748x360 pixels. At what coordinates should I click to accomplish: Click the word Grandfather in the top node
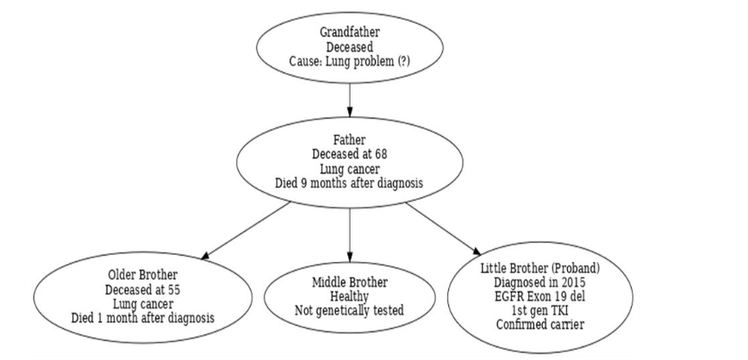coord(349,33)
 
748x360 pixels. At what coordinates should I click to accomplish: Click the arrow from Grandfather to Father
coord(349,99)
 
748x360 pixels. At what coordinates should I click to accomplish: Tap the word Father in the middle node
coord(349,140)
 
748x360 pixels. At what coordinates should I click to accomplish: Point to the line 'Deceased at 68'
coord(349,154)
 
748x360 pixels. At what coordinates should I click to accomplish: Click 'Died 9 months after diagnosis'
coord(349,183)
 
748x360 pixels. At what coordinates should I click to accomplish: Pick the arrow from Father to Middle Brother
coord(349,234)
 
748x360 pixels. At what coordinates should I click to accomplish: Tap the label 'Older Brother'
coord(143,276)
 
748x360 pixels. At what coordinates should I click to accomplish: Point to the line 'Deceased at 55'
coord(143,289)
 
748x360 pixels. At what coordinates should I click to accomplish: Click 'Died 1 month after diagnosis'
coord(143,317)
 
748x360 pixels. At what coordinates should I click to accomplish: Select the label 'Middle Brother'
coord(349,282)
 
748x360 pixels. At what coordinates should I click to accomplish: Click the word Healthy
coord(349,296)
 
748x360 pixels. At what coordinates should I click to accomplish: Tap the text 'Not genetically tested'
coord(349,310)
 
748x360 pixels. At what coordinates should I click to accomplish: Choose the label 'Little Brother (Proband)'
coord(540,269)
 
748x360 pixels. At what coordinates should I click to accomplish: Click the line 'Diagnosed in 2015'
coord(540,282)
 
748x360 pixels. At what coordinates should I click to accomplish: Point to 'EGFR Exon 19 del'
coord(540,296)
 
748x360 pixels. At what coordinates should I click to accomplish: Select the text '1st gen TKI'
coord(540,310)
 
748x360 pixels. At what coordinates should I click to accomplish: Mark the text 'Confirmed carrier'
coord(540,324)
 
